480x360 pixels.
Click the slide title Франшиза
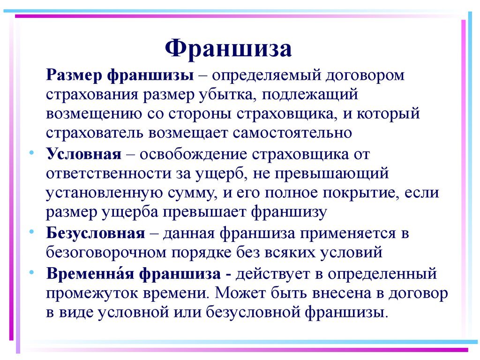[x=228, y=48]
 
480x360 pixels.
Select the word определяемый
[x=265, y=75]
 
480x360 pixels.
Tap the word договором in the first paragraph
[x=365, y=75]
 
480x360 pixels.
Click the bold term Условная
[x=84, y=154]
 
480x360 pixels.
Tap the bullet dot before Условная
[x=31, y=152]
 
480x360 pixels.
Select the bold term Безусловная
[x=96, y=233]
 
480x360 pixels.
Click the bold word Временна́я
[x=90, y=273]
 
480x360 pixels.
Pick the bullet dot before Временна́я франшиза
[x=31, y=272]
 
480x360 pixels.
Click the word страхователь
[x=95, y=133]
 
